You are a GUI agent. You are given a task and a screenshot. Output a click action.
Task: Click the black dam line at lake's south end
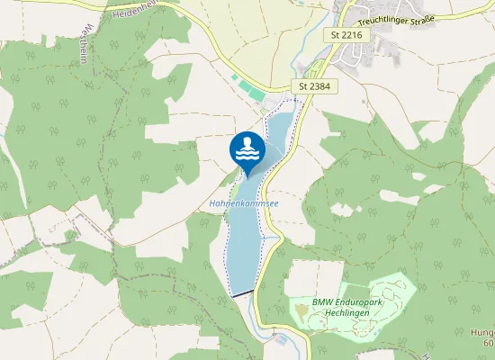coord(242,293)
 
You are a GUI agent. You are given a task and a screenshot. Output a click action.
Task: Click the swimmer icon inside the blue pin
coord(247,144)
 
